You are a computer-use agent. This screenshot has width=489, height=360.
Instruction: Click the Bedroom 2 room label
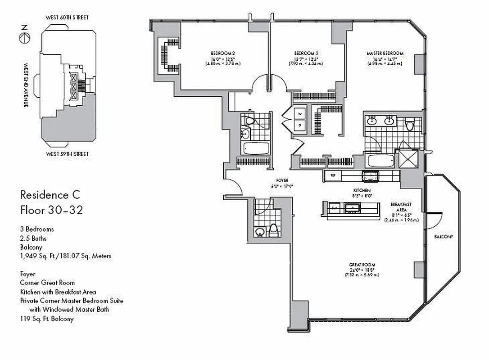tap(223, 53)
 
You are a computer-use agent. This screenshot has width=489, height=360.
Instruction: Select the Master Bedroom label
tap(385, 53)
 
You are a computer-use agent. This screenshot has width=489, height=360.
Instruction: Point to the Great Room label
tap(362, 265)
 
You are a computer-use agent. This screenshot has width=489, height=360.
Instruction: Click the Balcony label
tap(444, 237)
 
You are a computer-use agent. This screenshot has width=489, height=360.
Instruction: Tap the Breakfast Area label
tap(401, 207)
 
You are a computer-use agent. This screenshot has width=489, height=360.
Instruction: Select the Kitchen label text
tap(361, 191)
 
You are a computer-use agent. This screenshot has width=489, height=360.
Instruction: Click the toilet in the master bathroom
tap(409, 124)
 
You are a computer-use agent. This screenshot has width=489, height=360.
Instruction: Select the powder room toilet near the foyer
tap(273, 231)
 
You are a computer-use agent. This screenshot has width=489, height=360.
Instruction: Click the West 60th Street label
tap(67, 18)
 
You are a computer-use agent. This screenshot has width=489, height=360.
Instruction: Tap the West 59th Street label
tap(67, 154)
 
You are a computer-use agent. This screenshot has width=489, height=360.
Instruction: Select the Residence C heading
tap(50, 195)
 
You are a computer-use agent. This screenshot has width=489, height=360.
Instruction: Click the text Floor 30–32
tap(51, 210)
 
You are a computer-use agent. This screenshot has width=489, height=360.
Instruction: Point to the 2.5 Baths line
tap(33, 238)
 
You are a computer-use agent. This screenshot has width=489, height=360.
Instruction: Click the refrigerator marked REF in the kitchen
tap(333, 175)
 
